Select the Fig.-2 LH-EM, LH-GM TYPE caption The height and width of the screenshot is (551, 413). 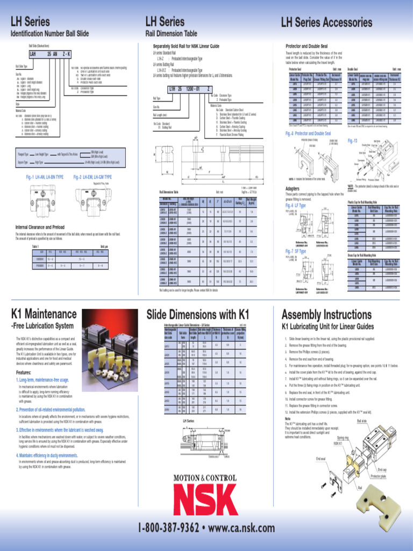[92, 177]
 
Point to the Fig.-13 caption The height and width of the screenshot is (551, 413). [353, 141]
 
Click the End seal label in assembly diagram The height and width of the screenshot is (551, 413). [321, 458]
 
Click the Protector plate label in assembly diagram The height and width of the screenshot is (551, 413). [379, 476]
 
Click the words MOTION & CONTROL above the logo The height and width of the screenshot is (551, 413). [206, 478]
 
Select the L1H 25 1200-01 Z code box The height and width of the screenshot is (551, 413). [189, 89]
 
